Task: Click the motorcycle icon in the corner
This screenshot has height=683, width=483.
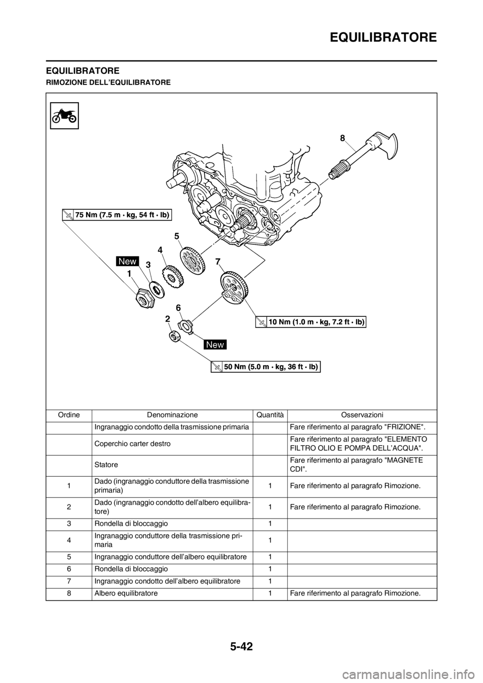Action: (x=64, y=115)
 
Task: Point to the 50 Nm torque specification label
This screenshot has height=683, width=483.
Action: (x=265, y=367)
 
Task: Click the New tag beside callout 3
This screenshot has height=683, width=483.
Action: (x=128, y=261)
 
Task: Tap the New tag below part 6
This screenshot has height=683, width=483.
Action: (x=215, y=345)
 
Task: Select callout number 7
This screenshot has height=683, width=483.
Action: (x=217, y=262)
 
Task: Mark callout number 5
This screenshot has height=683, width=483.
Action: (x=177, y=235)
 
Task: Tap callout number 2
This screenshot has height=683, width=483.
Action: (x=167, y=319)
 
